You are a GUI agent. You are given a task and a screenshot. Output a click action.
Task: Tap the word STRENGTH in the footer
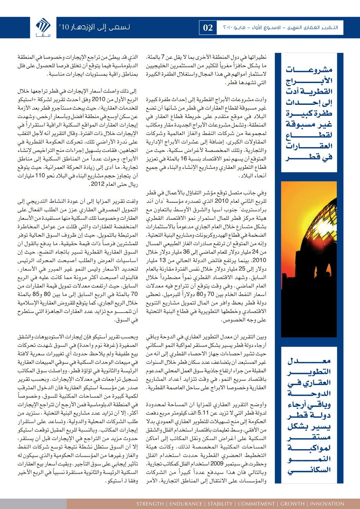pyautogui.click(x=150, y=504)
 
